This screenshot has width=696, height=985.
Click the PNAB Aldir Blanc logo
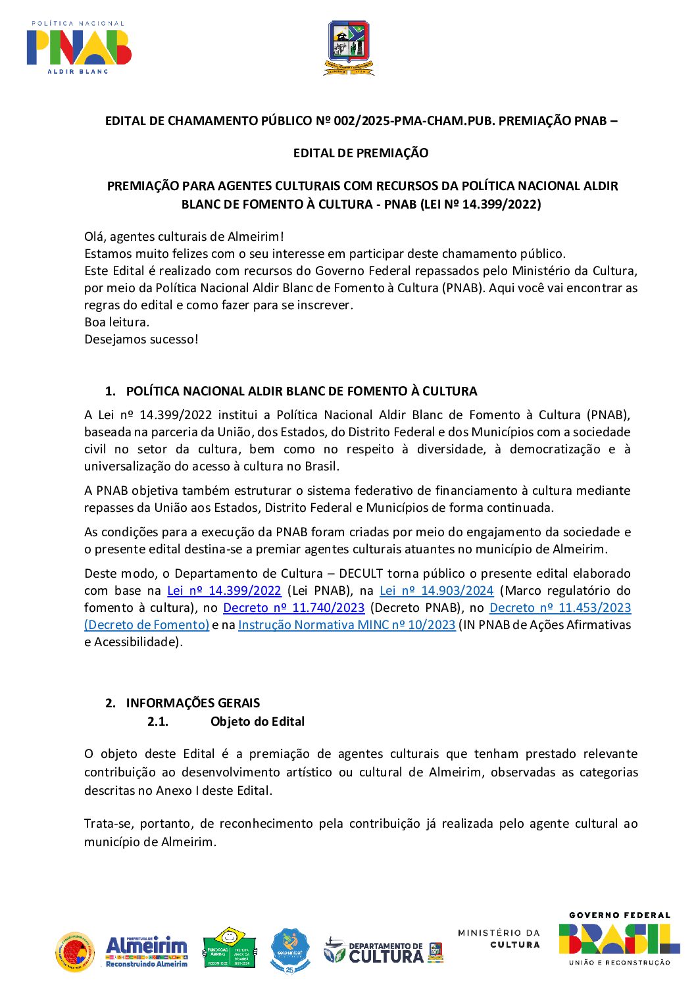tap(79, 47)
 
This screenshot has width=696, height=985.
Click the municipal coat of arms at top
tap(349, 47)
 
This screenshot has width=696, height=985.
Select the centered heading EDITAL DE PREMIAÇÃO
tap(360, 153)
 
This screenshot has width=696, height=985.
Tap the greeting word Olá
tap(95, 237)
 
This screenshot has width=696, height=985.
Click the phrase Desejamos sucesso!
tap(141, 340)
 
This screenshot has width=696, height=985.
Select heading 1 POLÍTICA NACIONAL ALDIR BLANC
tap(301, 391)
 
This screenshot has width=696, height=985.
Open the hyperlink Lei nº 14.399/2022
tap(224, 591)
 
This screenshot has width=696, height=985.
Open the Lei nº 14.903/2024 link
tap(436, 591)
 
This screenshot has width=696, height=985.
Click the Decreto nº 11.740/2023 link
tap(293, 608)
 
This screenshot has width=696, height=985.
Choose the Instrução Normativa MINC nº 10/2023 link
tap(347, 625)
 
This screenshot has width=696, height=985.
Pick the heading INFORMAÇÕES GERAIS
tap(193, 703)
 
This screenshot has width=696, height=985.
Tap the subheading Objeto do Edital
tap(257, 722)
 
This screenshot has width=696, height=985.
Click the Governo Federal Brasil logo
tap(619, 940)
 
